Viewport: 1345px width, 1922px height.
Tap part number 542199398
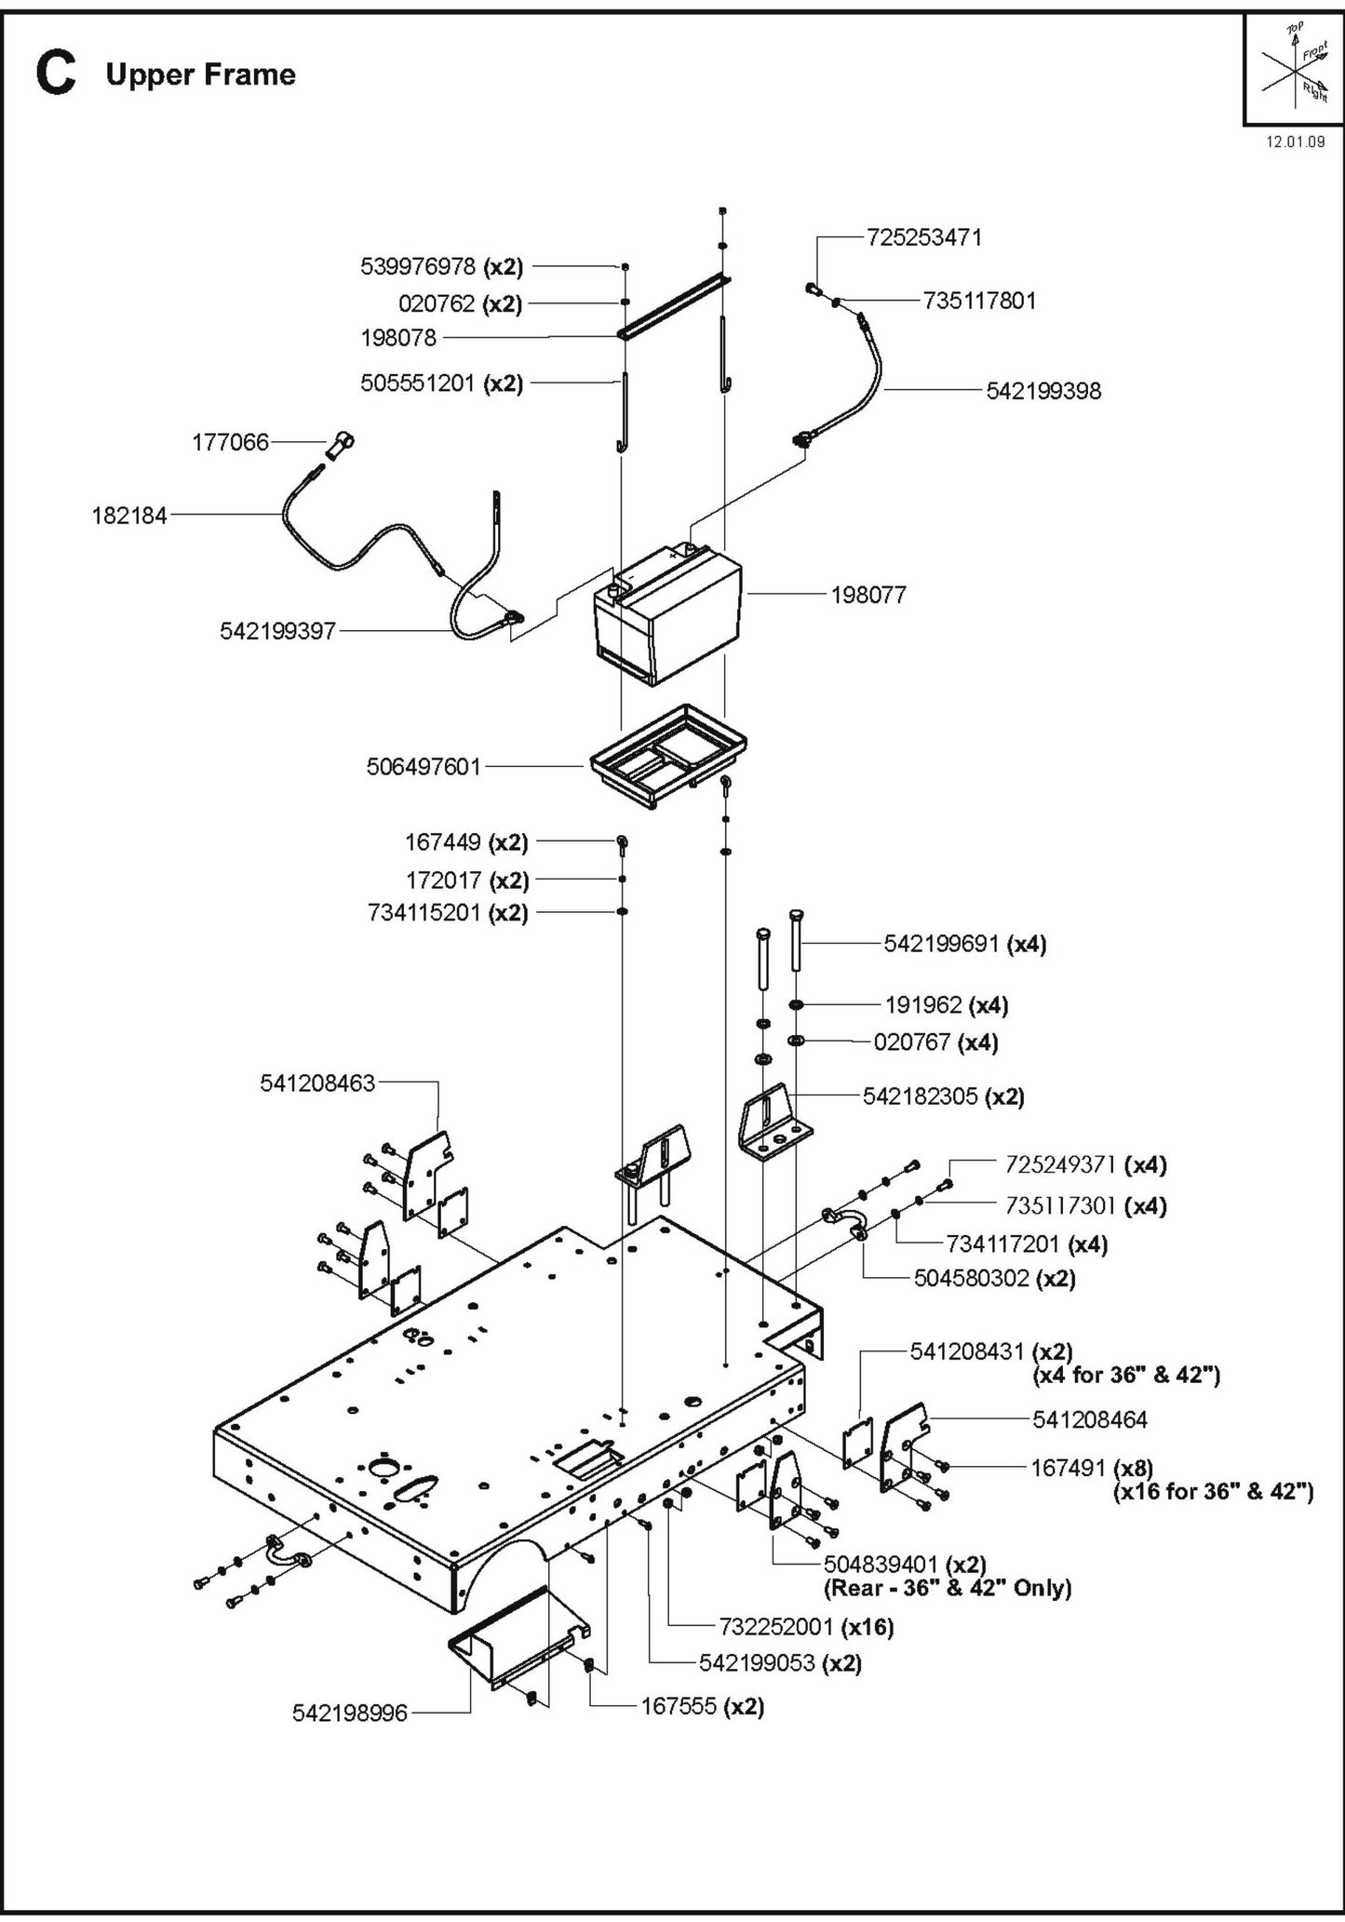click(x=1043, y=391)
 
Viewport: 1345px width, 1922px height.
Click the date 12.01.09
click(x=1295, y=142)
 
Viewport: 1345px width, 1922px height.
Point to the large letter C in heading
click(x=55, y=74)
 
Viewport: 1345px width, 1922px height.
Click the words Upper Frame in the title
click(x=200, y=74)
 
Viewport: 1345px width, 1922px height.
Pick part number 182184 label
click(x=128, y=515)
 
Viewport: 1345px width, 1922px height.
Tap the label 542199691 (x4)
click(x=964, y=944)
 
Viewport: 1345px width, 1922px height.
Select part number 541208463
click(x=317, y=1082)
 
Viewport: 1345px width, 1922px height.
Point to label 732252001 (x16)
click(x=806, y=1626)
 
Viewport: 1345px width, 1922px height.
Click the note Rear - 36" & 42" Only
click(x=948, y=1587)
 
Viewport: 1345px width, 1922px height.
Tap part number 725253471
click(x=923, y=237)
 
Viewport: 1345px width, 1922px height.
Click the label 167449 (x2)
click(x=465, y=842)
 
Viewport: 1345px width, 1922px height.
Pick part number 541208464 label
click(x=1089, y=1418)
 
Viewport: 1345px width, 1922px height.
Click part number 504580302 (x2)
click(x=994, y=1277)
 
